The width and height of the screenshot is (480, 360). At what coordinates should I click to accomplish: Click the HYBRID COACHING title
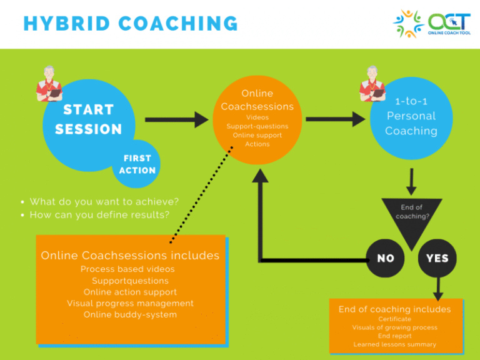[x=130, y=24]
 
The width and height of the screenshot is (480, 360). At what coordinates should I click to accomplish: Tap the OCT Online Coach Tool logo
[x=432, y=24]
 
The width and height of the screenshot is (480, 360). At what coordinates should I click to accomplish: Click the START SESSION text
[x=88, y=119]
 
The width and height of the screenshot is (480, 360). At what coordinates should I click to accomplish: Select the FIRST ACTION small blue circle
[x=137, y=164]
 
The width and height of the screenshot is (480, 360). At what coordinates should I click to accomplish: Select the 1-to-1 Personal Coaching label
[x=411, y=116]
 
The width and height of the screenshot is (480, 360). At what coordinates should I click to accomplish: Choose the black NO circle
[x=386, y=258]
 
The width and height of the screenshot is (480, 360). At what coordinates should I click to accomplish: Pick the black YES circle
[x=437, y=258]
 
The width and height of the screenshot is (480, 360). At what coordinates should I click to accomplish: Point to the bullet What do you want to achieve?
[x=104, y=201]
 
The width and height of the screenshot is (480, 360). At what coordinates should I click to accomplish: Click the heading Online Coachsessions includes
[x=130, y=256]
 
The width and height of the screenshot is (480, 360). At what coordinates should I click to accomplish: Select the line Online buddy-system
[x=130, y=314]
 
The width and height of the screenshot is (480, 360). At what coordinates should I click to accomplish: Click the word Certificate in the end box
[x=394, y=319]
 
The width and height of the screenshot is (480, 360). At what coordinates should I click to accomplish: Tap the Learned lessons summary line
[x=394, y=344]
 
